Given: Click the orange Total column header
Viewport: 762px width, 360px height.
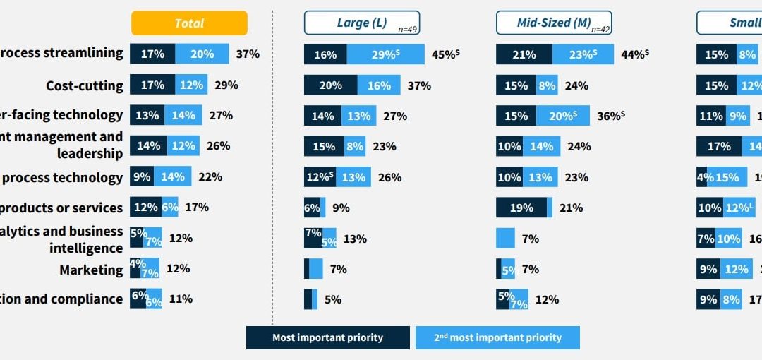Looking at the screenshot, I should pos(189,23).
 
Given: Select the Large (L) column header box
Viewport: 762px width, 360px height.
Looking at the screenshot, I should pos(361,23).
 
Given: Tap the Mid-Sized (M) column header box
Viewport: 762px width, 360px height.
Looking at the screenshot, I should pos(553,23).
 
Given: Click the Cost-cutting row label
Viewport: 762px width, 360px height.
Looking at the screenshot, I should pos(84,86).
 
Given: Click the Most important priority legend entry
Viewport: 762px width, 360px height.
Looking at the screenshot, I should pos(327,337).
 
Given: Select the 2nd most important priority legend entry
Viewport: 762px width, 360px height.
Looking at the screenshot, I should pos(497,337).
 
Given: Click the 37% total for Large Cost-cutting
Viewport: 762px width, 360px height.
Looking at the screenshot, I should pos(419,85).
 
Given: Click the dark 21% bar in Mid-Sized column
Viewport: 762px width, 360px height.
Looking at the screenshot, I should pos(524,54).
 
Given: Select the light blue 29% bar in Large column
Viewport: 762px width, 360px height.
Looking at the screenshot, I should pos(385,54).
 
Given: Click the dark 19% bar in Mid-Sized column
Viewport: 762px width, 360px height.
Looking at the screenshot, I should pos(521,208).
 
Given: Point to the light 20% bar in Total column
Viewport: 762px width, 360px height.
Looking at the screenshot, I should pos(202,54).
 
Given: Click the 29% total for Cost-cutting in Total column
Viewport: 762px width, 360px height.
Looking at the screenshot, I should pos(226,85).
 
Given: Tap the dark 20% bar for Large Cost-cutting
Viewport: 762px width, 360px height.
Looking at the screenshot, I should pos(330,85).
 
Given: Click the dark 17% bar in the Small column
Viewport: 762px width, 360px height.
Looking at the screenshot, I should pos(718,146).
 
